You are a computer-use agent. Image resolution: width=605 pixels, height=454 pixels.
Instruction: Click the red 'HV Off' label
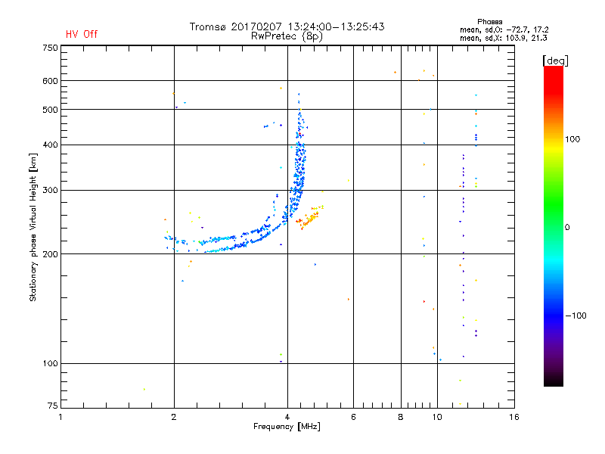(x=82, y=34)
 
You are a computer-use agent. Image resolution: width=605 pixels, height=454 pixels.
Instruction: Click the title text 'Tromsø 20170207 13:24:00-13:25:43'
(x=287, y=26)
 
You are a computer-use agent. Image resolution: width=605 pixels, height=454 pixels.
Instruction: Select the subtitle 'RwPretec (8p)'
(x=287, y=36)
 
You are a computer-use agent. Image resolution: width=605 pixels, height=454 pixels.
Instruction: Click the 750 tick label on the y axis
(x=50, y=47)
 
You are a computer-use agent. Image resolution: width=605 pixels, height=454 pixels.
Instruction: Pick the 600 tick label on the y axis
(x=50, y=80)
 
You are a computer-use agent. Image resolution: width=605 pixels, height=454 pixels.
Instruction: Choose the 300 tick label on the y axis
(x=50, y=190)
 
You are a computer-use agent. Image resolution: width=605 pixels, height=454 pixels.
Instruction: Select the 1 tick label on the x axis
(x=61, y=417)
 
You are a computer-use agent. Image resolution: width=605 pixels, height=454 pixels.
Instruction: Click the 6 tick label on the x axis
(x=353, y=417)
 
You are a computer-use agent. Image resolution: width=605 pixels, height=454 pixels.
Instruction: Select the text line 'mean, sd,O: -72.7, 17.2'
(x=504, y=30)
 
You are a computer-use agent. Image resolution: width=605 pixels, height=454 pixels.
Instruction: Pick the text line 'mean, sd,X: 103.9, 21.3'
(x=504, y=38)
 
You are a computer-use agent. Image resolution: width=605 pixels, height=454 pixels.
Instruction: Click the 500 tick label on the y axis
(x=50, y=109)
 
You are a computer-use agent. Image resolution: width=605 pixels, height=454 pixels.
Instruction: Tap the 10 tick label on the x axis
(x=436, y=417)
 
